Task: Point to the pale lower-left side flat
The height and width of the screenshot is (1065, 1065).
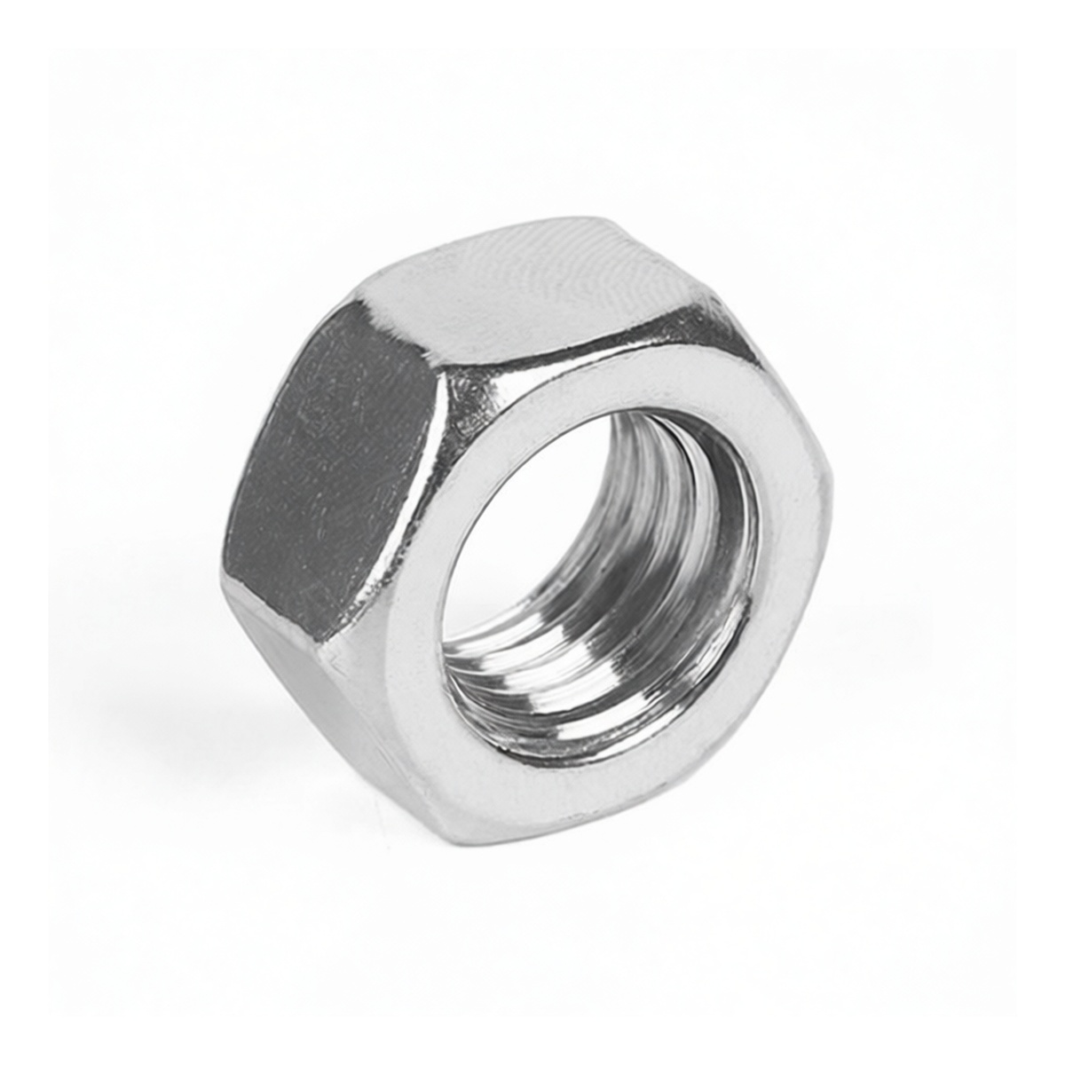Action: [319, 701]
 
